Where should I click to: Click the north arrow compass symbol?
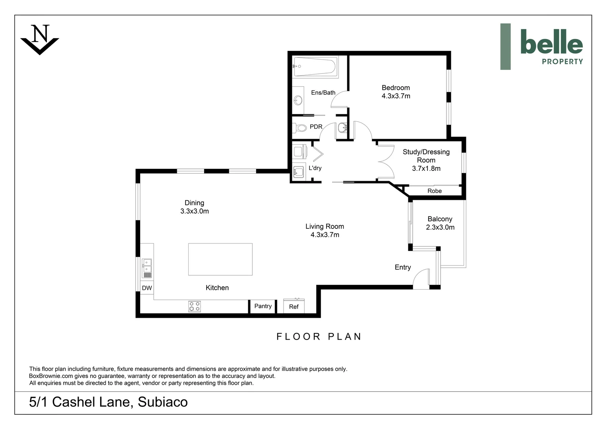tap(40, 39)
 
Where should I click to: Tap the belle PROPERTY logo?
tap(541, 46)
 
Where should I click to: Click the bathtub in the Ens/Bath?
tap(315, 66)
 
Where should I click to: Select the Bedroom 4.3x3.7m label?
tap(396, 92)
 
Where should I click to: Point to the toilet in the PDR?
tap(300, 128)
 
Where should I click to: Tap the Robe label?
tap(434, 191)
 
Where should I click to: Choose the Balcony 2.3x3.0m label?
tap(440, 223)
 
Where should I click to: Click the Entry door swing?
tap(421, 279)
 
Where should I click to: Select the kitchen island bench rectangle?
tap(220, 259)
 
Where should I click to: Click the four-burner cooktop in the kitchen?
tap(194, 306)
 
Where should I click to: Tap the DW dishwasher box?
tap(147, 288)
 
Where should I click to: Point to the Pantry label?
tap(263, 306)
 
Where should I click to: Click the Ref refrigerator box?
tap(294, 307)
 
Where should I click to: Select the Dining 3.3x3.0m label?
tap(194, 207)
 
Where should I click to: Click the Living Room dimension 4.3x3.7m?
tap(325, 235)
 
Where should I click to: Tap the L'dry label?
tap(315, 168)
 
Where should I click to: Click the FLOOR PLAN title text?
tap(319, 337)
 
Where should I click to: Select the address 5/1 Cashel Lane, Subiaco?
tap(108, 402)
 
